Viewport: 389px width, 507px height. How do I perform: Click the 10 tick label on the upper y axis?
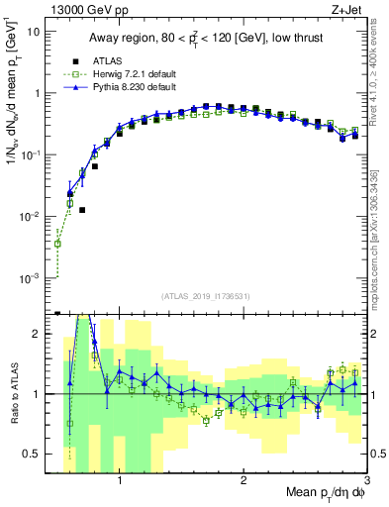34,32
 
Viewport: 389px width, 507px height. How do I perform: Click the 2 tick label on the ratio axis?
39,334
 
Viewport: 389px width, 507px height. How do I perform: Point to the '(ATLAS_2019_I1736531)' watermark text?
206,297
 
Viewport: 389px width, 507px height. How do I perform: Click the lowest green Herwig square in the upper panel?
58,244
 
